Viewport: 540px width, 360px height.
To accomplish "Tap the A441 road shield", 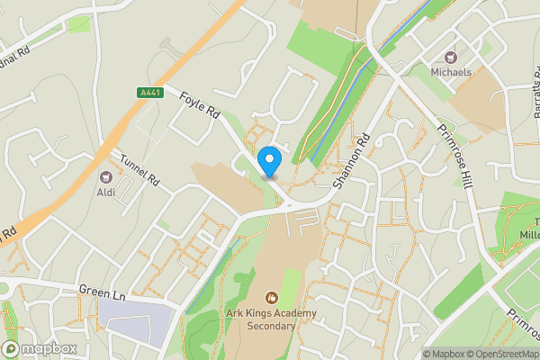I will [150, 93].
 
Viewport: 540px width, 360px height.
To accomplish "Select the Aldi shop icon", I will [106, 176].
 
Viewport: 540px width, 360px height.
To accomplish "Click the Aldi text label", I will [107, 192].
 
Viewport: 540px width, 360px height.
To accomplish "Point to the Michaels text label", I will [450, 71].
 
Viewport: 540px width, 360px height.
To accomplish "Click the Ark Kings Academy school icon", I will [270, 297].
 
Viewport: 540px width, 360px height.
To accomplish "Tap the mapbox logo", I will [40, 348].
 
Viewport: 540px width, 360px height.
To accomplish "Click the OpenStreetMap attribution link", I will [500, 354].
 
